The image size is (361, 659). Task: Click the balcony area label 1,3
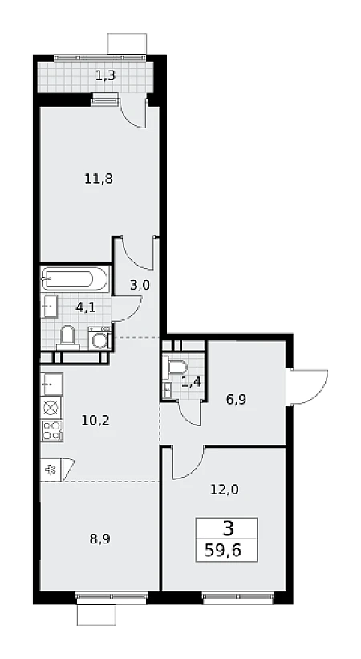[x=105, y=76]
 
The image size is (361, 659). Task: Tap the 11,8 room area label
[x=99, y=180]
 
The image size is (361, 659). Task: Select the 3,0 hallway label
[x=140, y=286]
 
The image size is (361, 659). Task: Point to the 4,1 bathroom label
[x=86, y=307]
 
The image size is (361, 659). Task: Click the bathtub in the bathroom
[x=75, y=279]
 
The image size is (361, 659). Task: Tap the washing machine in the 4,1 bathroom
[x=100, y=339]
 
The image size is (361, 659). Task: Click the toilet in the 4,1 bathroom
[x=67, y=338]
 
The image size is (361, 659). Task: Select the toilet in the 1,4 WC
[x=177, y=367]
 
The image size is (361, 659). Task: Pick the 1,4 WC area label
[x=191, y=383]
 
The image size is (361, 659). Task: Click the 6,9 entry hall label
[x=236, y=399]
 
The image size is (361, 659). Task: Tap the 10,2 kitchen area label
[x=95, y=420]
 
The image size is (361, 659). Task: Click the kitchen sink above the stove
[x=51, y=384]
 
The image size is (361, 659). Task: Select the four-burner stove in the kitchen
[x=51, y=431]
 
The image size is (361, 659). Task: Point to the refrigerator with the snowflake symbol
[x=51, y=470]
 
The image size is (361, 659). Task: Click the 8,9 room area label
[x=100, y=539]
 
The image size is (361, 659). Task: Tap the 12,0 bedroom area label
[x=225, y=489]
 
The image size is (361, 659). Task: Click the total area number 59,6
[x=223, y=550]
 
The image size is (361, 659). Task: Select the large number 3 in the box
[x=228, y=528]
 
